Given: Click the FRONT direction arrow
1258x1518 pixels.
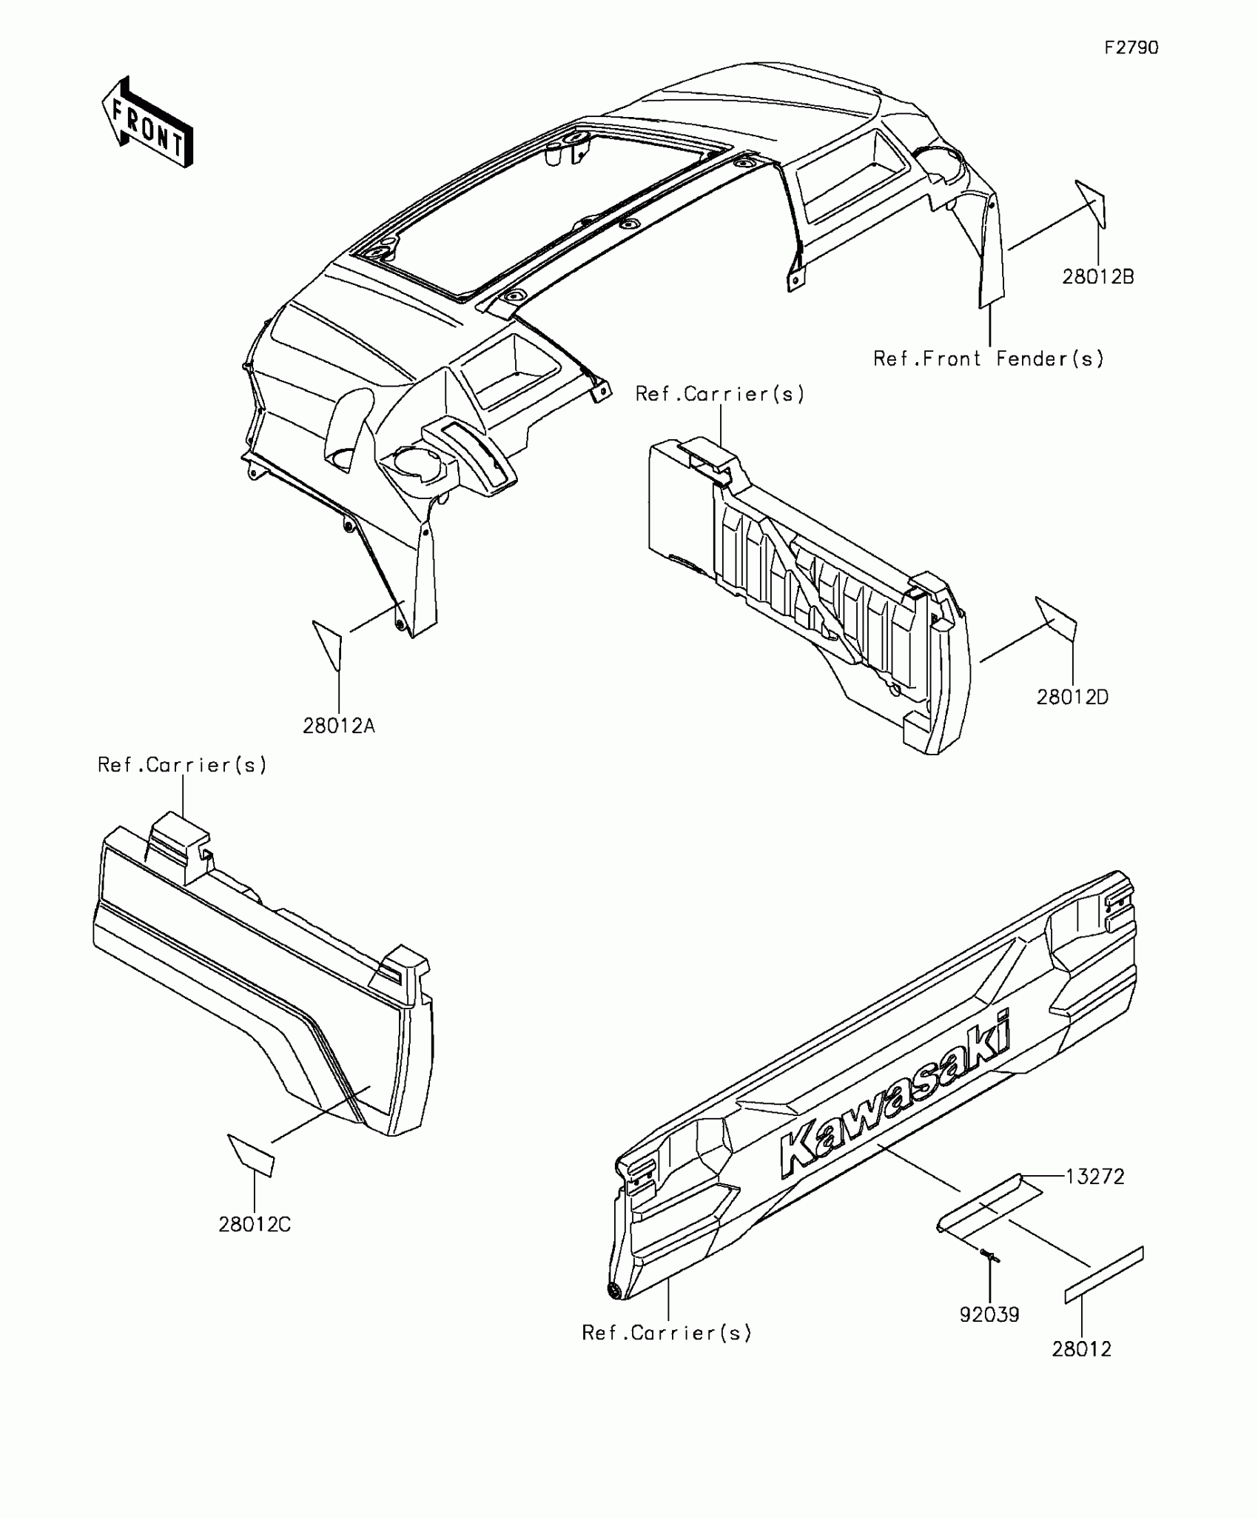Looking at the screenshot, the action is (147, 121).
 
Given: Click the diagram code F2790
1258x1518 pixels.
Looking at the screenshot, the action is (1131, 48).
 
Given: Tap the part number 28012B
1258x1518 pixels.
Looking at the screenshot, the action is (1098, 277).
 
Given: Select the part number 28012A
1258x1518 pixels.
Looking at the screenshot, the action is (339, 726).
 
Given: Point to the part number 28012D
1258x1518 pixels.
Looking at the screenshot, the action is (1072, 697).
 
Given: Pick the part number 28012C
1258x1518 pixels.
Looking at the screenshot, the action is (255, 1225).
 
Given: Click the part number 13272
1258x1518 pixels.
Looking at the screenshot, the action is (1094, 1177).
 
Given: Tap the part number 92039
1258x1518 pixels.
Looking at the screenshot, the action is (989, 1315).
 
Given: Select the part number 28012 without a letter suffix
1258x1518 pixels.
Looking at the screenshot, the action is (1082, 1349).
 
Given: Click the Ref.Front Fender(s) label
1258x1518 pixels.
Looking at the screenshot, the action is (989, 359).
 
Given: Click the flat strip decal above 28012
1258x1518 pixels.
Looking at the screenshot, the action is (1104, 1275).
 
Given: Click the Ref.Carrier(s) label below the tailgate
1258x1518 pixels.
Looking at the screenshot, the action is (667, 1334).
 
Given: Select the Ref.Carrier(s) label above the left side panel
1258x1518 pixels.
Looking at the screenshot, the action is (182, 765).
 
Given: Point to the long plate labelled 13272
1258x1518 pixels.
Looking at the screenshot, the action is (988, 1204).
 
